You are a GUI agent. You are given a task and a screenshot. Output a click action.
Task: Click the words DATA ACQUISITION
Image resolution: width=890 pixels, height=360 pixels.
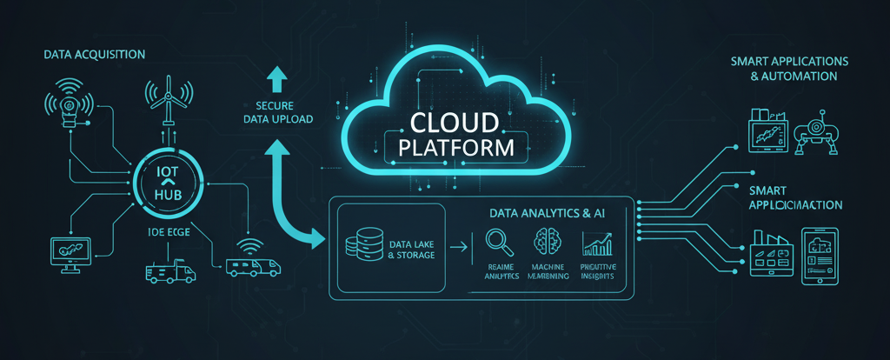click(x=94, y=55)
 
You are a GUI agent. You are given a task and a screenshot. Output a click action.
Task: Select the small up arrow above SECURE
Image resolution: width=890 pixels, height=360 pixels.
click(x=277, y=79)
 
